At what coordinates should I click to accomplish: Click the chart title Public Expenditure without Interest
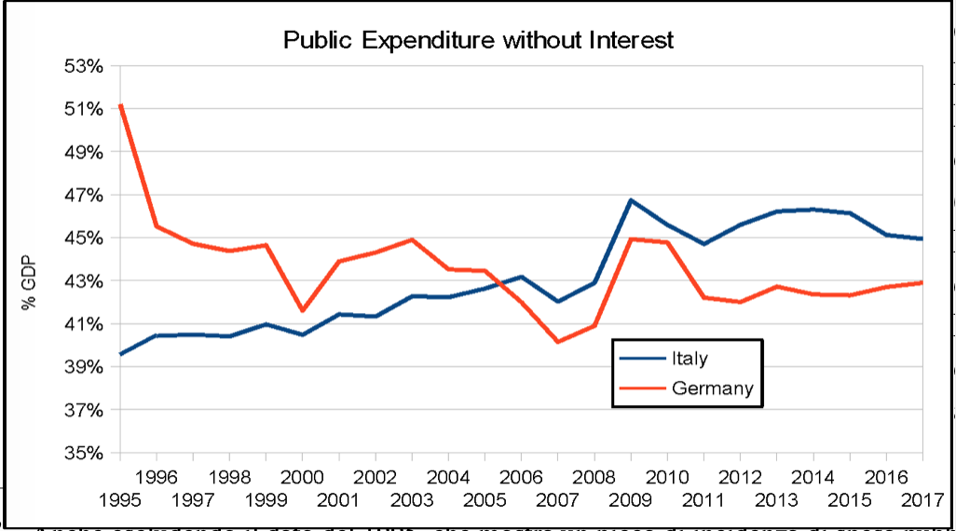tap(478, 40)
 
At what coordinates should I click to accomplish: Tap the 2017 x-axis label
tap(922, 499)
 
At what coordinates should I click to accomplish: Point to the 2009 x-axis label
tap(631, 499)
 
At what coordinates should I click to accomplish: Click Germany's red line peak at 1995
tap(120, 105)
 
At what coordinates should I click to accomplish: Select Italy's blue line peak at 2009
tap(631, 199)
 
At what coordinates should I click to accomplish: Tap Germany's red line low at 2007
tap(558, 342)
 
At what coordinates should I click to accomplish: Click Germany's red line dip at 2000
tap(302, 310)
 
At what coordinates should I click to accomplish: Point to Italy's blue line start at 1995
tap(120, 354)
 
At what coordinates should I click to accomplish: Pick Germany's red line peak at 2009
tap(631, 238)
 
